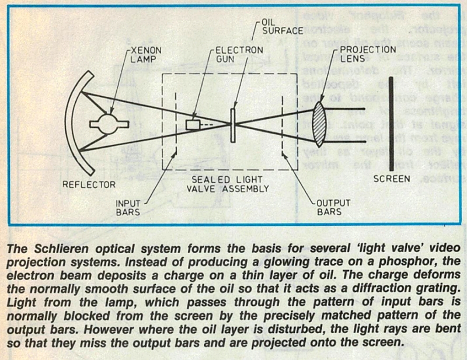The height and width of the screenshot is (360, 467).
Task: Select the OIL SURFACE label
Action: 283,27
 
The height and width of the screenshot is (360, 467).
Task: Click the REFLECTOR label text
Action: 89,184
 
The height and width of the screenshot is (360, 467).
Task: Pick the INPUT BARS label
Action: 128,208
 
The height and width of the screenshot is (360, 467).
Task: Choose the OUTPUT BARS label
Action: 333,207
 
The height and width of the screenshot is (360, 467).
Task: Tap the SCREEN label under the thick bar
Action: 392,179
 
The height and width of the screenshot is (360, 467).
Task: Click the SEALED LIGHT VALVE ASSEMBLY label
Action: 228,184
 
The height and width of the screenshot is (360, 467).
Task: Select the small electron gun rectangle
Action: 193,124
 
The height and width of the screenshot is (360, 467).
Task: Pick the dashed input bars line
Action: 176,123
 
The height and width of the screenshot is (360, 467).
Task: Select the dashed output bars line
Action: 283,125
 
